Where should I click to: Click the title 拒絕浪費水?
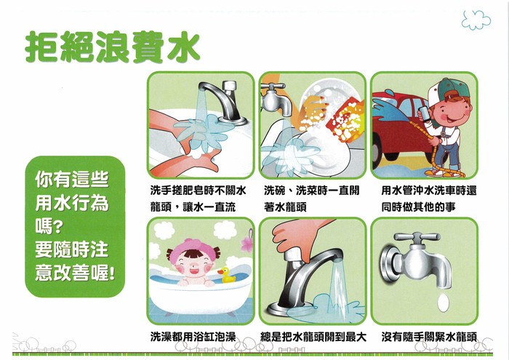tap(112, 47)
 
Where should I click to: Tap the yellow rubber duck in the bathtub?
tap(227, 276)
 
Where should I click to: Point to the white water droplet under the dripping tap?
tap(443, 303)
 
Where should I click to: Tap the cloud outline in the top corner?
tap(476, 20)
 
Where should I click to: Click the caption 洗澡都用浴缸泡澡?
tap(193, 337)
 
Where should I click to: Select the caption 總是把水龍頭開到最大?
tap(313, 337)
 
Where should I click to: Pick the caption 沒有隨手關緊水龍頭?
tap(429, 337)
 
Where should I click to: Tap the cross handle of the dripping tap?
tap(417, 237)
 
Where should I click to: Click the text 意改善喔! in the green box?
tap(75, 272)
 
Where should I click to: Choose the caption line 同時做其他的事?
tap(418, 207)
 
